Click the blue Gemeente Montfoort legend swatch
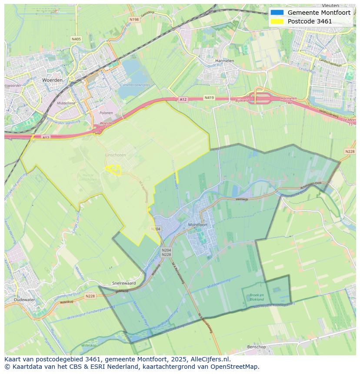(277, 13)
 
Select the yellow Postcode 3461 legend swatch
(277, 21)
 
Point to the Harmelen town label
(225, 61)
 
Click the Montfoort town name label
(197, 225)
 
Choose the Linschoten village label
(115, 155)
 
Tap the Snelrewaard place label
(124, 283)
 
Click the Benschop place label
(256, 347)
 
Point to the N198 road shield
(134, 20)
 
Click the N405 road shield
(76, 39)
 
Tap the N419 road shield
(209, 98)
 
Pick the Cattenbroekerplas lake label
(135, 85)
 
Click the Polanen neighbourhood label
(106, 113)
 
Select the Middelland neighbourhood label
(66, 103)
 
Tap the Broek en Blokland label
(257, 297)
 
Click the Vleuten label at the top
(330, 6)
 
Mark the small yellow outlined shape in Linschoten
(113, 169)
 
